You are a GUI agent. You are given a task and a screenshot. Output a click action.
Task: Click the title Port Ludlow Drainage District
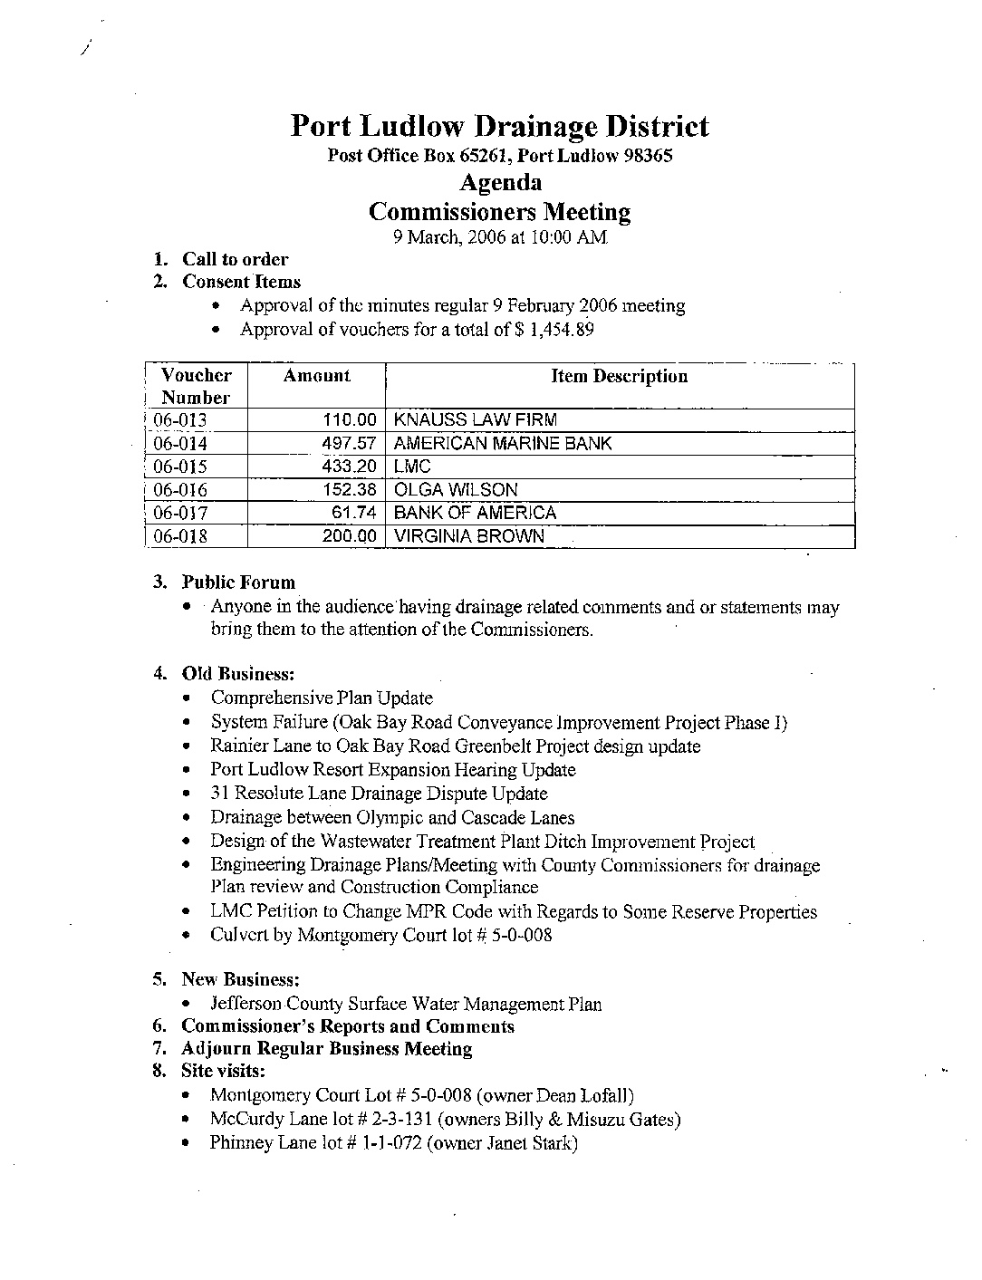tap(499, 127)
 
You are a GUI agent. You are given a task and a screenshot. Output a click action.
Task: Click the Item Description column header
tap(619, 377)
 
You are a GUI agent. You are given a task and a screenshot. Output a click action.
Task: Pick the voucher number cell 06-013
tap(180, 420)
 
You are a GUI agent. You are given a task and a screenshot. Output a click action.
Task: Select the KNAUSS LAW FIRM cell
tap(476, 420)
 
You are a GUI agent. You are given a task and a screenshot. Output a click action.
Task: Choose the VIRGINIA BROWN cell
tap(469, 536)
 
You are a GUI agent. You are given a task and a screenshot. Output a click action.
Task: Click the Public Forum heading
tap(238, 582)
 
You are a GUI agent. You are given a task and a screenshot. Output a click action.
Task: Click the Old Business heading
tap(237, 674)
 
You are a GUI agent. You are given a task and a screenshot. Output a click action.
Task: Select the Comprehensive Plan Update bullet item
tap(322, 698)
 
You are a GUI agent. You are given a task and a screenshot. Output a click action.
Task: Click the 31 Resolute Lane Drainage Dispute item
tap(379, 794)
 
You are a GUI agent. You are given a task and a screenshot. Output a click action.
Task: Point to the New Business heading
tap(240, 979)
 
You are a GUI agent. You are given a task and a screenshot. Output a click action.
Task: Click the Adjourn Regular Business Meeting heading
tap(327, 1049)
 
